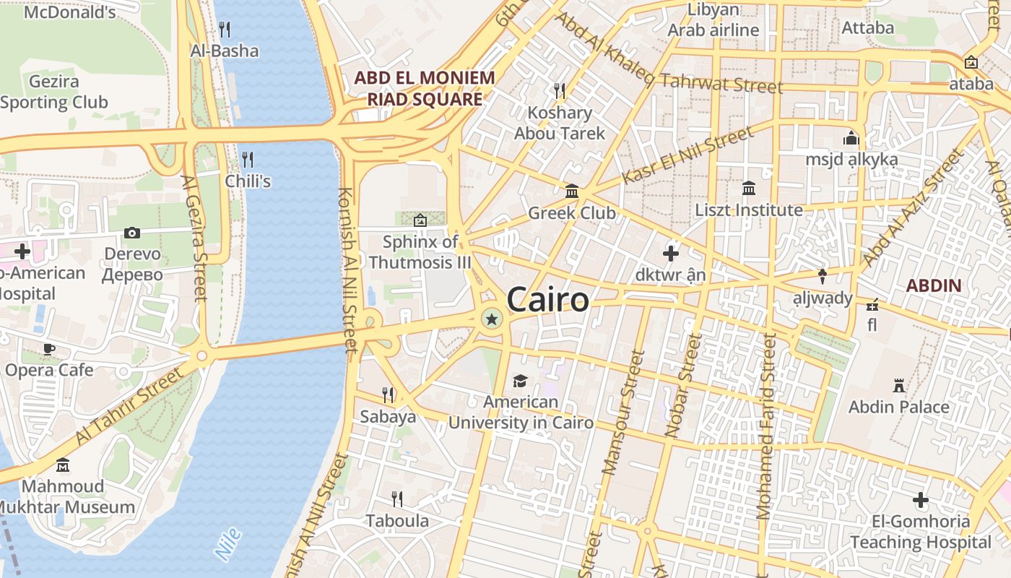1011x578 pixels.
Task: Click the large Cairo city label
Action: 548,299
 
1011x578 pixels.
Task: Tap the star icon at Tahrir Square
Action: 492,318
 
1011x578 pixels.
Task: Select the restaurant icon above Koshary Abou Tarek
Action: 560,90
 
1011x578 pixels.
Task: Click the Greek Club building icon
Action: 572,191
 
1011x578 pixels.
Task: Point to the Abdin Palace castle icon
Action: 899,385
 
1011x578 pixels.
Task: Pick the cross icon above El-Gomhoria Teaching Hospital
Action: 920,499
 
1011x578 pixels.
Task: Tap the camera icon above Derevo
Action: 131,233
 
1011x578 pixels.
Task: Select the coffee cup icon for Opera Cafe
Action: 49,349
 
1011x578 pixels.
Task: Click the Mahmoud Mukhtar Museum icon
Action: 63,465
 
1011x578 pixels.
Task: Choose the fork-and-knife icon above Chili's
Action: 248,159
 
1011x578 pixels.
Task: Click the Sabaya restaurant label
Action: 388,416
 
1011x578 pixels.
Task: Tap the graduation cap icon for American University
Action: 520,381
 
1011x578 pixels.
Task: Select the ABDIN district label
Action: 934,285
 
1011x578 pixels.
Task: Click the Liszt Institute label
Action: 749,210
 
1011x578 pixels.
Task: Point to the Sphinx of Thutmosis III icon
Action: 420,220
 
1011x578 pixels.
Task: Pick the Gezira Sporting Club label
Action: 53,92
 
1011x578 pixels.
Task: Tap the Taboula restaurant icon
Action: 396,499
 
